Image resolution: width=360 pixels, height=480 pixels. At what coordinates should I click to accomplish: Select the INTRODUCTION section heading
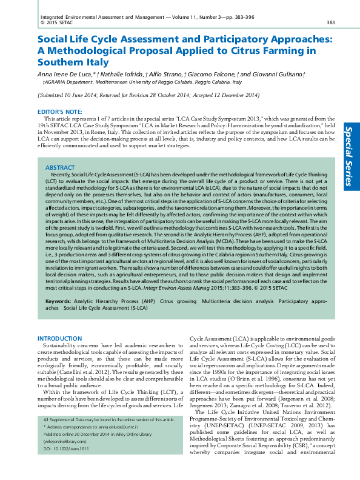(x=59, y=338)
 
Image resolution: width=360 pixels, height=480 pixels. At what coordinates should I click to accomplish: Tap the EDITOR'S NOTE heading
(x=60, y=112)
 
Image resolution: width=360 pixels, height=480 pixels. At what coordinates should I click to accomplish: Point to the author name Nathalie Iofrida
(x=118, y=73)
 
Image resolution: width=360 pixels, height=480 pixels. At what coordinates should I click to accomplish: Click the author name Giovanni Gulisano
(x=278, y=73)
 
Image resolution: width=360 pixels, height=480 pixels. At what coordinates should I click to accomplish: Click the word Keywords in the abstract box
(x=58, y=301)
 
